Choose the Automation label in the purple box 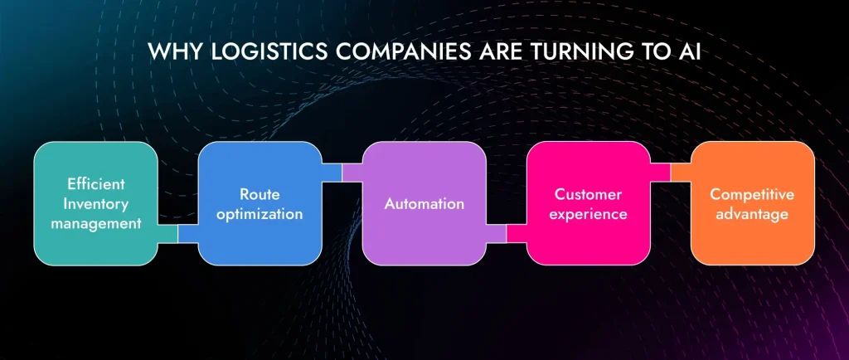[424, 203]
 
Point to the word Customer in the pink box [588, 193]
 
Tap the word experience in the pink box [588, 213]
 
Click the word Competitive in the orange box [752, 193]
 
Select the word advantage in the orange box [752, 213]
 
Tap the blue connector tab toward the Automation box [331, 172]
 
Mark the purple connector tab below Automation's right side [496, 234]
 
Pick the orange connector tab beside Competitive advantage [681, 172]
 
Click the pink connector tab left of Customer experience [517, 234]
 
